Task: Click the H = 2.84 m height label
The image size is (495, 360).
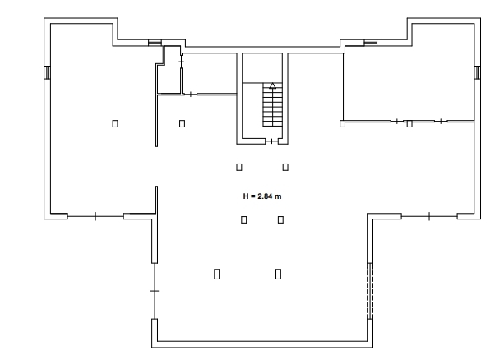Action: click(x=262, y=196)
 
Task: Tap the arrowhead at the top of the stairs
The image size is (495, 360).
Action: click(x=273, y=85)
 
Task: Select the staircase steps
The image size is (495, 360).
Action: click(x=272, y=104)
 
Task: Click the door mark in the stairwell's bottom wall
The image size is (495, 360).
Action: click(x=271, y=141)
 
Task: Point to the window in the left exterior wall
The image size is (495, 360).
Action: click(x=47, y=72)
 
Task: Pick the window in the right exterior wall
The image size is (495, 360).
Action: click(x=477, y=72)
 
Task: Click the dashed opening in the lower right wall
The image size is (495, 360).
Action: click(x=370, y=291)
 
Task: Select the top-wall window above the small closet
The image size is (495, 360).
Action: click(x=155, y=43)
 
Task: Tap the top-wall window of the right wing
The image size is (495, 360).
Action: click(x=371, y=43)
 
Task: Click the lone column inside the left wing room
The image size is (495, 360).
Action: click(x=115, y=123)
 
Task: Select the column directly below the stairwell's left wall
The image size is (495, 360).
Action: click(x=239, y=167)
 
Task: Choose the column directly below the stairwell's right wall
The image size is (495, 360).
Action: click(x=285, y=167)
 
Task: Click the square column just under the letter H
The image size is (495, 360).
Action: click(x=243, y=219)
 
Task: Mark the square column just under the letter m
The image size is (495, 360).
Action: click(x=280, y=219)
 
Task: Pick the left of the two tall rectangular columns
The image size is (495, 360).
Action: click(x=216, y=274)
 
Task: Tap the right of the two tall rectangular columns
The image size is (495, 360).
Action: click(x=278, y=274)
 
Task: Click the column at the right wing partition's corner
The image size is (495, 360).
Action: click(x=342, y=123)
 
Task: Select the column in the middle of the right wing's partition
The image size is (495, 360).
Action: click(x=409, y=123)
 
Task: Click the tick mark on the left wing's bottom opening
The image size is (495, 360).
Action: click(x=95, y=216)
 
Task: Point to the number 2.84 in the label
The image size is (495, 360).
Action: click(x=265, y=196)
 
